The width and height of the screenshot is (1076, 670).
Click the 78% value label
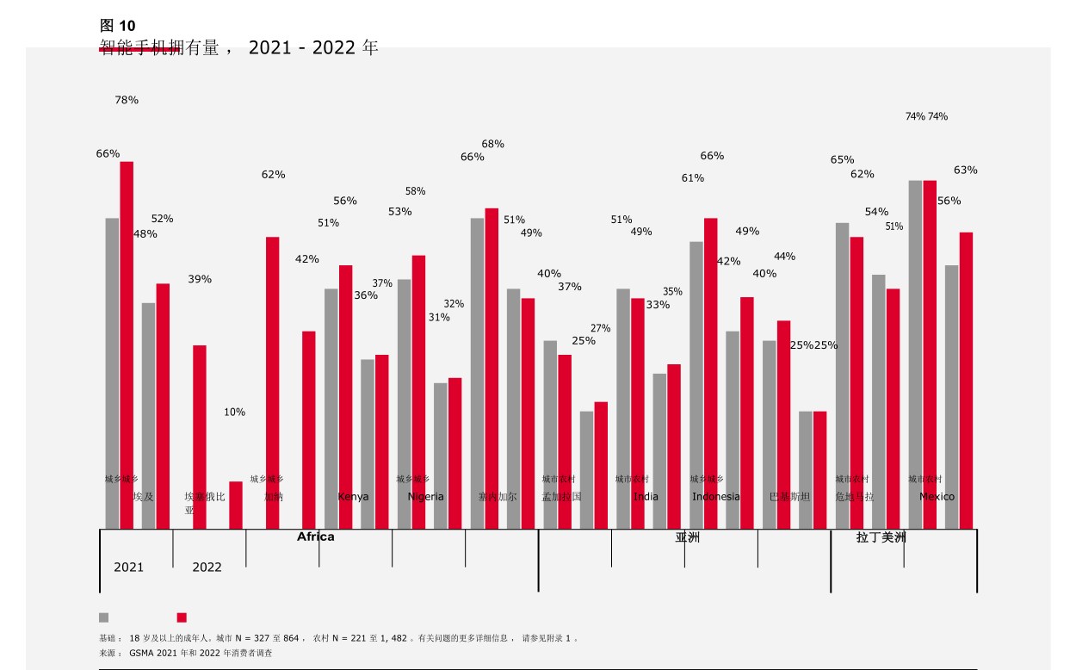tap(127, 100)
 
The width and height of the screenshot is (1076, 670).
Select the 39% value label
tap(200, 279)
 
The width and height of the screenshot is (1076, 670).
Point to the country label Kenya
tap(353, 497)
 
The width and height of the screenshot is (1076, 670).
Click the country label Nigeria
tap(426, 497)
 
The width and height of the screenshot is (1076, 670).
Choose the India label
tap(646, 497)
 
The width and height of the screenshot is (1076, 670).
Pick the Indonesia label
tap(716, 497)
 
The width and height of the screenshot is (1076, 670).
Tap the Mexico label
tap(937, 497)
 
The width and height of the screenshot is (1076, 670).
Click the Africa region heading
tap(316, 537)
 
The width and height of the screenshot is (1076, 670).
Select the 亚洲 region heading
tap(687, 537)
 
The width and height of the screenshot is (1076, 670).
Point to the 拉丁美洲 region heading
tap(881, 537)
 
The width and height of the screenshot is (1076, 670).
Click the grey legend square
tap(104, 617)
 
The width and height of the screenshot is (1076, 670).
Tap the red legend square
tap(182, 617)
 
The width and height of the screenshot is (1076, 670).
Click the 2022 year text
tap(207, 567)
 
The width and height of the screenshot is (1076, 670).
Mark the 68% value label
tap(493, 144)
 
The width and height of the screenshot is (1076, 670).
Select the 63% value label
tap(965, 170)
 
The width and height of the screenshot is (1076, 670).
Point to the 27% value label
tap(600, 328)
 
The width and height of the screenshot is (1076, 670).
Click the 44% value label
tap(784, 256)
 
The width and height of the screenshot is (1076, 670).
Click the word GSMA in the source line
tap(142, 653)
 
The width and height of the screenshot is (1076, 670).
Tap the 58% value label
tap(415, 191)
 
